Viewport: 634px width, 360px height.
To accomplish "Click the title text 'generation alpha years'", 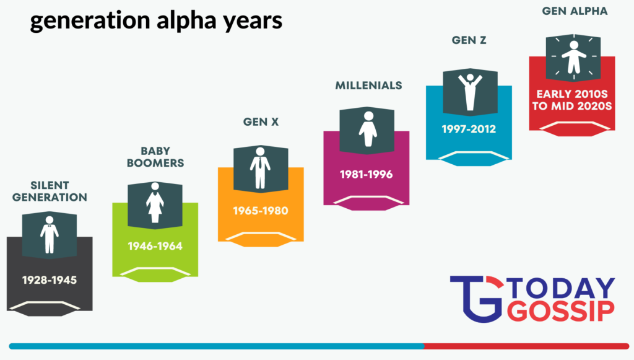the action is [x=156, y=20].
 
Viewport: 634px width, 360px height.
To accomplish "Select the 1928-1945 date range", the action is [x=50, y=280].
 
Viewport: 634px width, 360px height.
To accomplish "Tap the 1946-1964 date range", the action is [x=155, y=246].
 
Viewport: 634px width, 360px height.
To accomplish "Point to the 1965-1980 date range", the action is [x=261, y=211].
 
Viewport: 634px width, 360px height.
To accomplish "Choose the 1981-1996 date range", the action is [x=367, y=174].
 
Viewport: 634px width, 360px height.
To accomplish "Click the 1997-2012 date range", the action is [x=469, y=129].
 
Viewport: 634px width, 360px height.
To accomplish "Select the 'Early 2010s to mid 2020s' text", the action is [x=572, y=100].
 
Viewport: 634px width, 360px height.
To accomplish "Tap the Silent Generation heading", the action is [x=50, y=191].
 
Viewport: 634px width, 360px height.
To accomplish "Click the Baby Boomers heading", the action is [x=155, y=157].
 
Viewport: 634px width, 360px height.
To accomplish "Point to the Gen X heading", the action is [x=261, y=121].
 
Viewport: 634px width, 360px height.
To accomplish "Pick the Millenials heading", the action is [x=368, y=86].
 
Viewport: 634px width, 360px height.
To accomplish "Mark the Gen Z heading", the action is [x=469, y=40].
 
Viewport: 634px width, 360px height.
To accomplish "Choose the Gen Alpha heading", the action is [x=575, y=11].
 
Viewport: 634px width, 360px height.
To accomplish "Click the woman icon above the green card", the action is [x=155, y=203].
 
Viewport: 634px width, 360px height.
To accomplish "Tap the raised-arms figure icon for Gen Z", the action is [x=470, y=92].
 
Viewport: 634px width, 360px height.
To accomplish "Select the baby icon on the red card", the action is [x=573, y=57].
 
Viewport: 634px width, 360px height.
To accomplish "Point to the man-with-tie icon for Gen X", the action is [x=260, y=169].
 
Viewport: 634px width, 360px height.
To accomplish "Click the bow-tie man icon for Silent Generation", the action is [x=50, y=235].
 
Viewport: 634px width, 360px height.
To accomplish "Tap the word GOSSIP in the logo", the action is [x=560, y=311].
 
